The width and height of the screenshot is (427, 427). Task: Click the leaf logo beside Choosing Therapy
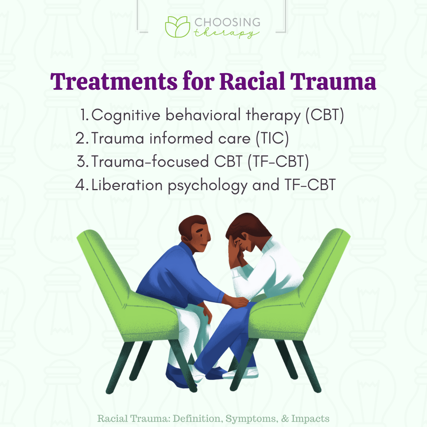point(178,27)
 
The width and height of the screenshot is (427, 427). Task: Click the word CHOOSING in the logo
point(227,22)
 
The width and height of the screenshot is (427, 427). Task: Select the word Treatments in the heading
point(114,82)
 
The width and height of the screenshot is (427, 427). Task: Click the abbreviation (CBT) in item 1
point(325,115)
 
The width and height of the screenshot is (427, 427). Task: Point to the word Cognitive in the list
point(126,115)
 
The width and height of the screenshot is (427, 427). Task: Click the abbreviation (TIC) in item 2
point(272,138)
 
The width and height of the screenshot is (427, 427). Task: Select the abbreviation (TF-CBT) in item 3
point(278,161)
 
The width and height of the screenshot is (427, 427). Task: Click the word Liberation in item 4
point(127,185)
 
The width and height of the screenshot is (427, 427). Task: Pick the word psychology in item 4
point(208,186)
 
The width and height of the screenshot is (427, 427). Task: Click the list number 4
point(81,185)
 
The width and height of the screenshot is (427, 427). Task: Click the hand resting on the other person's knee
point(237,302)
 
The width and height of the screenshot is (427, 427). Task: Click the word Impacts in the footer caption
point(310,419)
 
